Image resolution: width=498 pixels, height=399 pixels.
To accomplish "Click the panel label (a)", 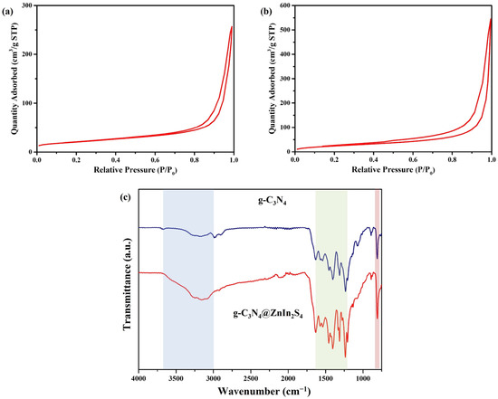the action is [7, 13].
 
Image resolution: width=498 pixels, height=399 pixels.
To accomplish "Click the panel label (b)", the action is [265, 12].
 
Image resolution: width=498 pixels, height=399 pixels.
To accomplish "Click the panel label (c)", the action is [126, 197].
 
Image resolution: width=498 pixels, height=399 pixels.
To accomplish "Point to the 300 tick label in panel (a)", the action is [28, 5].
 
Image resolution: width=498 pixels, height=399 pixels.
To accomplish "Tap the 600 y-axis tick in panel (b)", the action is [286, 5].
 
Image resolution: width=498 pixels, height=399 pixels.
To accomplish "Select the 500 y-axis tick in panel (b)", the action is [286, 30].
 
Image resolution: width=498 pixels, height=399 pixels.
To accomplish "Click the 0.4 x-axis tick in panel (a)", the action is [116, 159].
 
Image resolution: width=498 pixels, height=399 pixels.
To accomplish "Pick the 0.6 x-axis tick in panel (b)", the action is [413, 159].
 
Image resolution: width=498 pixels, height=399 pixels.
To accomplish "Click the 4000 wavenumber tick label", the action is [139, 378].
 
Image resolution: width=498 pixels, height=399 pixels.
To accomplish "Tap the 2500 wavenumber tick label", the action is [251, 378].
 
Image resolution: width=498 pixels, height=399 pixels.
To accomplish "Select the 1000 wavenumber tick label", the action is [363, 378].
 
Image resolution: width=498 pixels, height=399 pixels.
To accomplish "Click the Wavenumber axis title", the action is [263, 390].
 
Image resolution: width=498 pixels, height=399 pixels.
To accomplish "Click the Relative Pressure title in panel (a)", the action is [135, 170].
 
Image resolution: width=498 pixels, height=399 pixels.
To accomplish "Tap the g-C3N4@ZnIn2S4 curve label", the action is [268, 315].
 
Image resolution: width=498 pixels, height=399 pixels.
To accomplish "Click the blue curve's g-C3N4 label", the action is [272, 202].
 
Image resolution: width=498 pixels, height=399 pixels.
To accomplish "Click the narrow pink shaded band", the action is [377, 279].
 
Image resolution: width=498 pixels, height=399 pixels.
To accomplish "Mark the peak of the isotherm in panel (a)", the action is [232, 26].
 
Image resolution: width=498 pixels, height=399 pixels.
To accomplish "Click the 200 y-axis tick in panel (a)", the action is [28, 54].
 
